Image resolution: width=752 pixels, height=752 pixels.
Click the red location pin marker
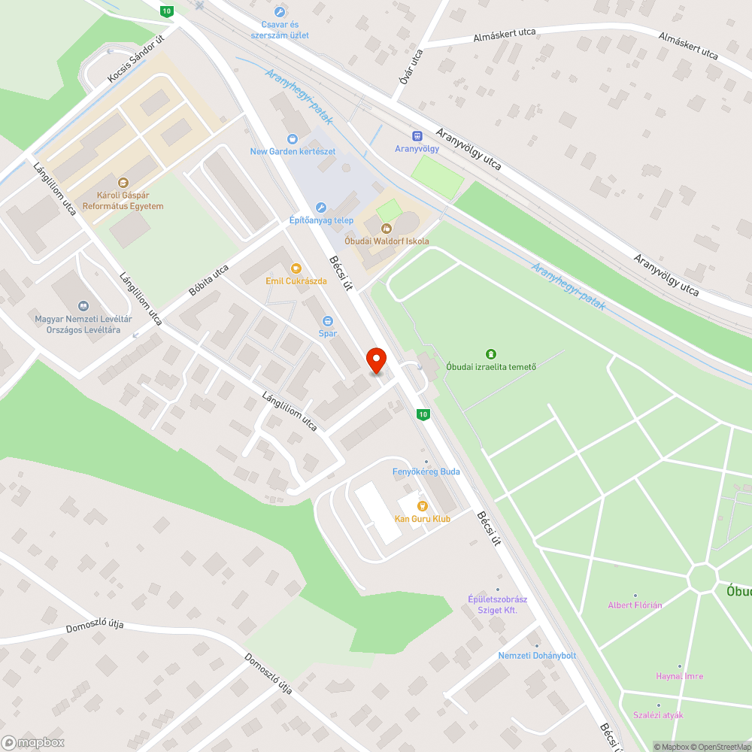click(375, 360)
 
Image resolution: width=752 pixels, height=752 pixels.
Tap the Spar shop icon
click(327, 321)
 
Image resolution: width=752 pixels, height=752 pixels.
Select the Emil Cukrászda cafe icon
click(296, 268)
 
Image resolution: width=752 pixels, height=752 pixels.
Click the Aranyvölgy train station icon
click(417, 135)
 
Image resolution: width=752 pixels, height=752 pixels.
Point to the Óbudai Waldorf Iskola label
click(387, 241)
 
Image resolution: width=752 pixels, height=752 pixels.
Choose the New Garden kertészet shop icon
click(293, 138)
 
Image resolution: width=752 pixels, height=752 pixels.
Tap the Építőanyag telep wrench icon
click(321, 208)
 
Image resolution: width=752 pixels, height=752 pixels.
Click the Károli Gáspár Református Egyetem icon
click(123, 182)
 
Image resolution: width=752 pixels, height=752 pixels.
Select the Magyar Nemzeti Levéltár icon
click(83, 305)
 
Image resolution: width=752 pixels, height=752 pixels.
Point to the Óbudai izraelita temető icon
click(490, 353)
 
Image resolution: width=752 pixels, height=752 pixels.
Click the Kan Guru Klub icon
click(423, 506)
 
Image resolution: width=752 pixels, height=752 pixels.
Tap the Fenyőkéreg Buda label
click(426, 472)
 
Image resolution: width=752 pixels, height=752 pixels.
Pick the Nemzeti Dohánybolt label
click(537, 656)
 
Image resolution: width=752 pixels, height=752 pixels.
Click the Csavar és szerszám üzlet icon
click(280, 12)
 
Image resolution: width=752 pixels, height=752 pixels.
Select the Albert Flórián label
click(635, 605)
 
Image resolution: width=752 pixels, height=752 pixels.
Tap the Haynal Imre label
click(679, 676)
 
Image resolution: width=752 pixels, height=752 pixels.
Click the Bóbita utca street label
click(209, 280)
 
